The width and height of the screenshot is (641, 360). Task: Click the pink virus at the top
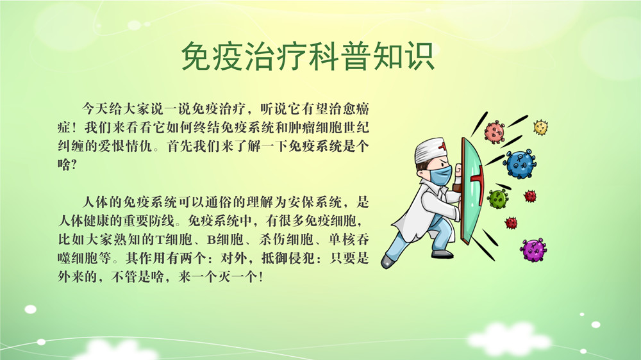[494, 131]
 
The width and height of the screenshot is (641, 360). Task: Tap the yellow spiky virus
[540, 127]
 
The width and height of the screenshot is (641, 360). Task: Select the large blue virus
[520, 164]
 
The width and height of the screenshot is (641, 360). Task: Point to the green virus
[498, 199]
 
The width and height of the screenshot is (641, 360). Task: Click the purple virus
[533, 250]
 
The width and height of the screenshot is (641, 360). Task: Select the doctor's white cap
[430, 149]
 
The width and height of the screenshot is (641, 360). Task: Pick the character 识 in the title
[418, 56]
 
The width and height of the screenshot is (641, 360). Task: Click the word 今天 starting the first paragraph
[96, 109]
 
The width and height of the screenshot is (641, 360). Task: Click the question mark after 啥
[74, 165]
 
